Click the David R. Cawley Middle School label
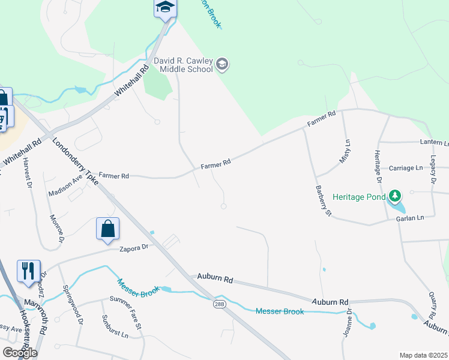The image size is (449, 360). pos(183,65)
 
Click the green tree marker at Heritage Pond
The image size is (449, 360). pos(394,196)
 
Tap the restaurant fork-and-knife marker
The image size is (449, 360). pos(29,271)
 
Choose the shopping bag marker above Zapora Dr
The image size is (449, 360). pos(108,229)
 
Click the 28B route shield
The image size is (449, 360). pos(220,304)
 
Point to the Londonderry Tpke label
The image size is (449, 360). pos(76,163)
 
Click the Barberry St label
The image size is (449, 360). pos(323,200)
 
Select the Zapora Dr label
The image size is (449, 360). pos(133,248)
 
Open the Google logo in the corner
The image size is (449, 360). pos(20,352)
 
